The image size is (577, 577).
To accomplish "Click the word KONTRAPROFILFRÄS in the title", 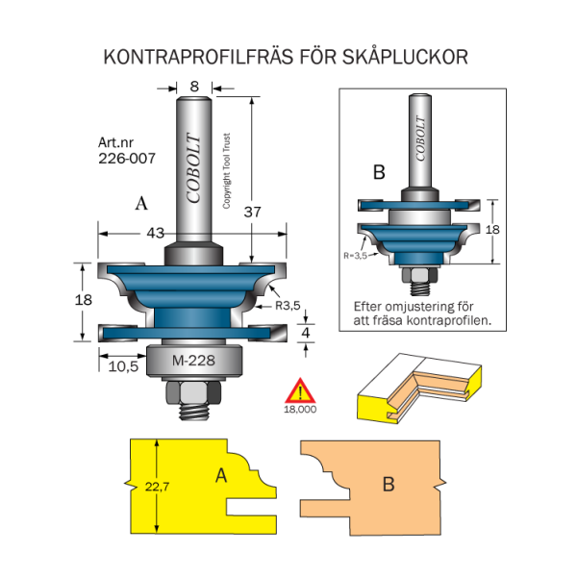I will point(182,58).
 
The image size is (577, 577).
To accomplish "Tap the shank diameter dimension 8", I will point(195,86).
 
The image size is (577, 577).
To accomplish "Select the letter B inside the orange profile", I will point(388,485).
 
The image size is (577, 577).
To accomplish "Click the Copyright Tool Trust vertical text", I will point(227,171).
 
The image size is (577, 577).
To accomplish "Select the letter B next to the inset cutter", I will point(379,173).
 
